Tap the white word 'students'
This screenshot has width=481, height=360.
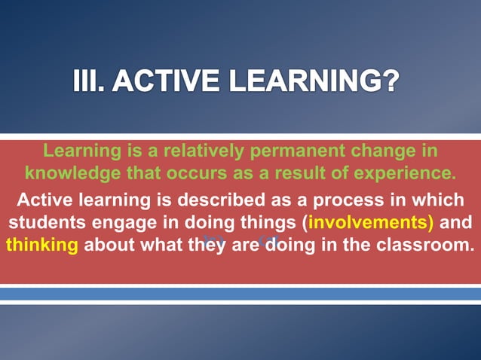(41, 223)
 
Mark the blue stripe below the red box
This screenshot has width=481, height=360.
(240, 294)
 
